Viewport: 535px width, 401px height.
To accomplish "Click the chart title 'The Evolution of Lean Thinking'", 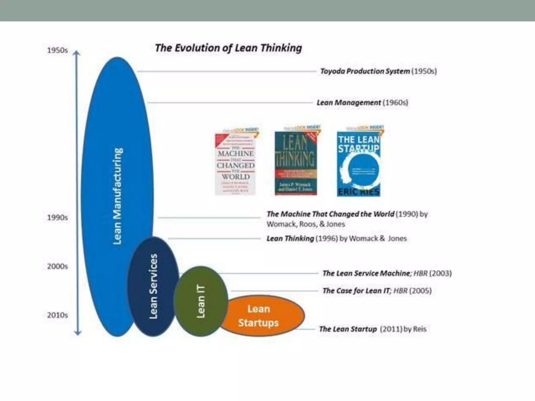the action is tap(228, 48).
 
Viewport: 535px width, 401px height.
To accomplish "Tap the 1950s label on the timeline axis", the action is tap(57, 50).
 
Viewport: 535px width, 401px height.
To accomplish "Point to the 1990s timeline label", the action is tap(57, 217).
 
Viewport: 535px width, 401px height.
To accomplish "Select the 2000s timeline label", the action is tap(57, 266).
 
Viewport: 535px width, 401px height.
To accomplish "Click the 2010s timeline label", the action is tap(57, 315).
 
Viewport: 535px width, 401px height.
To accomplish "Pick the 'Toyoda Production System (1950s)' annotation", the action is tap(378, 71).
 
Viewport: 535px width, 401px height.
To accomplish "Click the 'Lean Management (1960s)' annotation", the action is tap(362, 103).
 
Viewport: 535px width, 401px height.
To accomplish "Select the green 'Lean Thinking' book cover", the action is tap(296, 163).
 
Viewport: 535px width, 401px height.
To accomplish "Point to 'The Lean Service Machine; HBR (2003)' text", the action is tap(387, 273).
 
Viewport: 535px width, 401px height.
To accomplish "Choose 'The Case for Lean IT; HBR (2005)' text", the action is tap(377, 291).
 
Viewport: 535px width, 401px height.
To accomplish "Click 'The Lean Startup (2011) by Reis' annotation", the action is tap(373, 329).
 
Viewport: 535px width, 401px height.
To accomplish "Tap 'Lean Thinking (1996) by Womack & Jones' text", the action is tap(336, 239).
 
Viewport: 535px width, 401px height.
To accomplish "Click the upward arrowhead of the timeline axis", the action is tap(76, 53).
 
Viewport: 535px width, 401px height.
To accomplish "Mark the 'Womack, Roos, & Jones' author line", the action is tap(306, 224).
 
